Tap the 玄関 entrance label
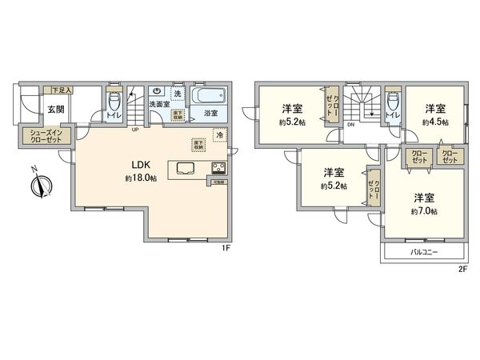click(55, 110)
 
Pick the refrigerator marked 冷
click(218, 138)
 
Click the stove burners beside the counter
click(217, 168)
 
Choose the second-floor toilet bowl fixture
click(391, 102)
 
